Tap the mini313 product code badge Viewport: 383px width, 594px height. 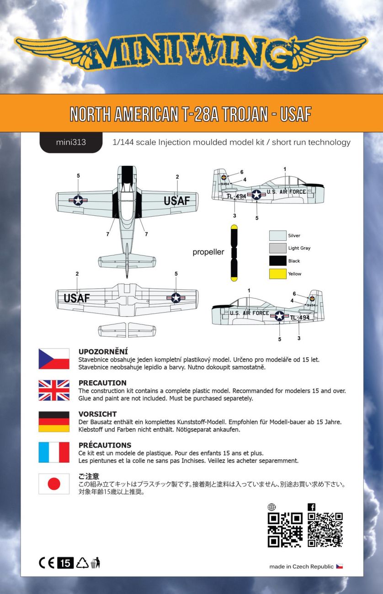coord(71,142)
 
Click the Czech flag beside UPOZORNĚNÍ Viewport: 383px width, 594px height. coord(54,359)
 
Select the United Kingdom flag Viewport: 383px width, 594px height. coord(54,390)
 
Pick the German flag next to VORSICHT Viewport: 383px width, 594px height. coord(54,421)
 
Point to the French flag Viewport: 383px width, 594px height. coord(54,452)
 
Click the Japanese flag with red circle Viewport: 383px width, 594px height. coord(54,484)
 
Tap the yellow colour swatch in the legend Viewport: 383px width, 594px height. coord(278,274)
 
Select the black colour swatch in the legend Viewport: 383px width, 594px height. coord(278,261)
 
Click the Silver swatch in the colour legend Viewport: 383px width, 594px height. coord(278,236)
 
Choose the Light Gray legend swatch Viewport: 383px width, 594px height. coord(278,248)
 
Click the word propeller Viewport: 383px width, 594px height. coord(208,252)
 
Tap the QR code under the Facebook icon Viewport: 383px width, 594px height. coord(325,530)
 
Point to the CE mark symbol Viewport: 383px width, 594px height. coord(47,563)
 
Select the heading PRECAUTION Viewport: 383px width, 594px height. coord(102,383)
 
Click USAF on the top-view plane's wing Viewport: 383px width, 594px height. coord(176,201)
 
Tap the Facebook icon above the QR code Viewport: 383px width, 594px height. coord(312,507)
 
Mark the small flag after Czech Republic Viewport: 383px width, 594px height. coord(340,567)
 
